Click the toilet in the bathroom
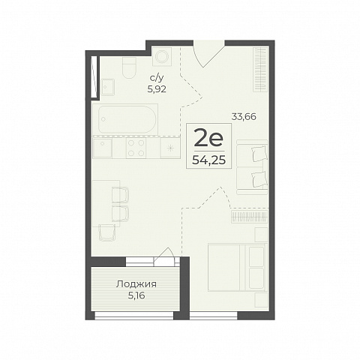coord(129,67)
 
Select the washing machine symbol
coord(162,57)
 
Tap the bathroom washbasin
coord(108,87)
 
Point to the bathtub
coord(125,119)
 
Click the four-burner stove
coord(136,148)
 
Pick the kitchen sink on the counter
coord(102,148)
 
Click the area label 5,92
coord(157,89)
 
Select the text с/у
coord(157,79)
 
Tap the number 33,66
coord(244,116)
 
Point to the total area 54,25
coord(208,160)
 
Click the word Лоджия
coord(136,284)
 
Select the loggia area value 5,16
coord(136,295)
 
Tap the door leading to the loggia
coord(163,257)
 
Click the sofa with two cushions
coord(252,167)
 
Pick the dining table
coord(106,203)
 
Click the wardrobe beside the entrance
coord(261,69)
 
